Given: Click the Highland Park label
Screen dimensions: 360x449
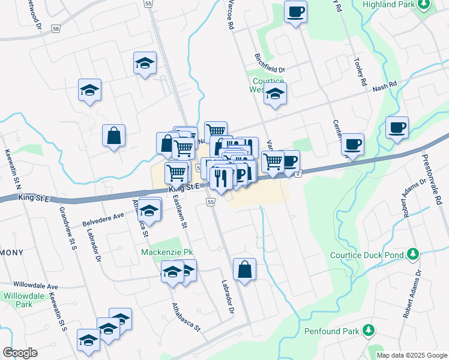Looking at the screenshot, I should coord(388,4).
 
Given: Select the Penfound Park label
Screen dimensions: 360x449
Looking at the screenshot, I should coord(331,331).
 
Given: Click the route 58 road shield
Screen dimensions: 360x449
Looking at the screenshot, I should coord(56,28).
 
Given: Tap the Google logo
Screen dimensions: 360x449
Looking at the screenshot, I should coord(20,353).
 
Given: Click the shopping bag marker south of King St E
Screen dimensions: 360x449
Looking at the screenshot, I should coord(245,269).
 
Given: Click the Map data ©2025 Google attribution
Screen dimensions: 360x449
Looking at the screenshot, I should coord(411,355).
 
